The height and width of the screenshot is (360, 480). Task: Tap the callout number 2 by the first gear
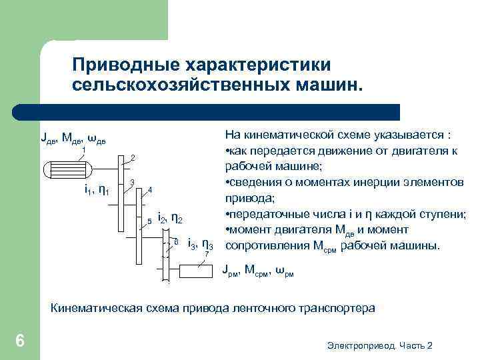133,157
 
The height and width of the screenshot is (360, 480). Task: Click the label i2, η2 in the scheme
170,219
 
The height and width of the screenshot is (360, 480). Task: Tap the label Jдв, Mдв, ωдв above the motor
73,139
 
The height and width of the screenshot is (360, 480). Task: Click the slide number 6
20,341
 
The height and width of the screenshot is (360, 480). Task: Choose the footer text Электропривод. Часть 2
380,345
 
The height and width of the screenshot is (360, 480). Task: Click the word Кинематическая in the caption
97,308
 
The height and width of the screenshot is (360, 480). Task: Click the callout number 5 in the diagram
149,220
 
